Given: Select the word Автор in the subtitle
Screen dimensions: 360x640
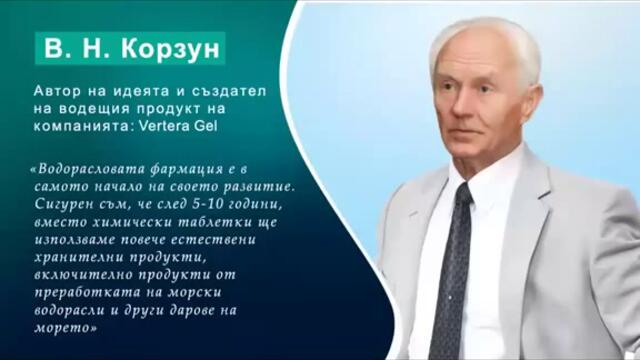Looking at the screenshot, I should point(56,91).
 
